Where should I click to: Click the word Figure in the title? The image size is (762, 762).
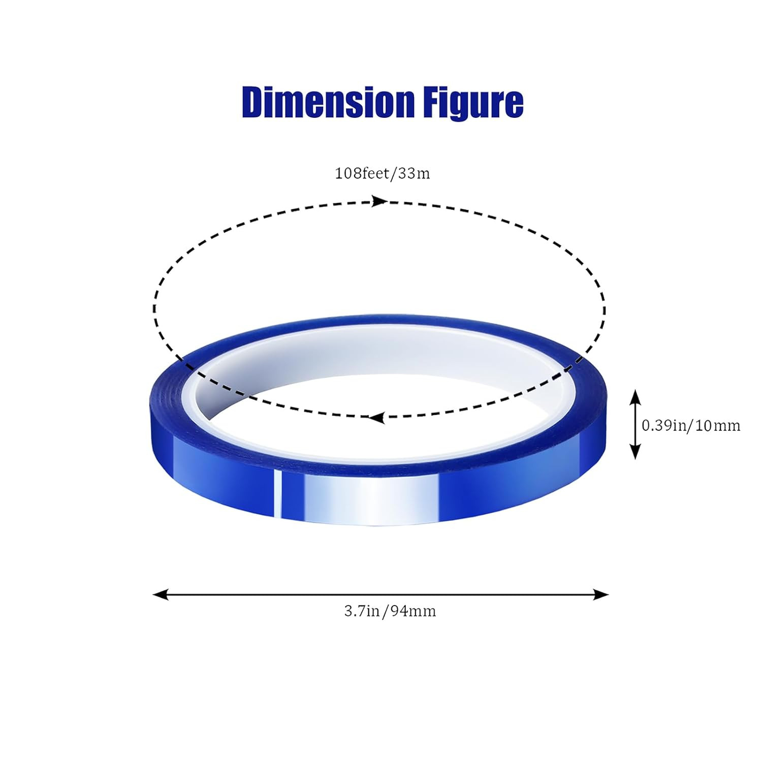click(472, 103)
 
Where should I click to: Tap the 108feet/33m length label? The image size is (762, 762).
click(382, 174)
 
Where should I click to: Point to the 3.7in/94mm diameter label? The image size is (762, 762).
click(390, 611)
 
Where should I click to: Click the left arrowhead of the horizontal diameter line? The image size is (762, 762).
click(161, 594)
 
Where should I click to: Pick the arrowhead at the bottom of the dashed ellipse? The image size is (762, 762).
click(376, 418)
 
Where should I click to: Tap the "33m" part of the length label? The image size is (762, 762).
click(414, 174)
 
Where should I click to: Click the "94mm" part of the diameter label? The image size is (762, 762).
click(414, 611)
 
